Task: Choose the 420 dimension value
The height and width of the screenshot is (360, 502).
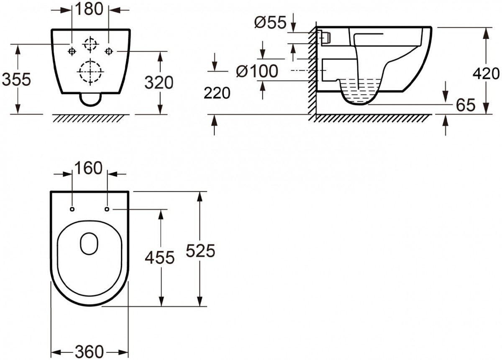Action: pyautogui.click(x=486, y=74)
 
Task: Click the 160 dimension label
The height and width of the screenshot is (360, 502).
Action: pyautogui.click(x=88, y=168)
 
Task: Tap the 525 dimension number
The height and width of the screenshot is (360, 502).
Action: pyautogui.click(x=200, y=251)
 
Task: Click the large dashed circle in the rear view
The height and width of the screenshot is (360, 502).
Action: pyautogui.click(x=90, y=72)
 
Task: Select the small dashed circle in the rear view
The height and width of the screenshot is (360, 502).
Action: pyautogui.click(x=90, y=44)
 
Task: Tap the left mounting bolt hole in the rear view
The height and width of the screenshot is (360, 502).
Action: pyautogui.click(x=72, y=51)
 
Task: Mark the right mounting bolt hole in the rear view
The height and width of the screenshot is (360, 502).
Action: pyautogui.click(x=109, y=51)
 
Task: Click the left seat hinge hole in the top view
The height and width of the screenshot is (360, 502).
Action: pyautogui.click(x=72, y=208)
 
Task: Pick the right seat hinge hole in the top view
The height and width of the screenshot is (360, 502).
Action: pyautogui.click(x=107, y=208)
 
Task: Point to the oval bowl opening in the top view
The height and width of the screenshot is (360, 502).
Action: pyautogui.click(x=89, y=244)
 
